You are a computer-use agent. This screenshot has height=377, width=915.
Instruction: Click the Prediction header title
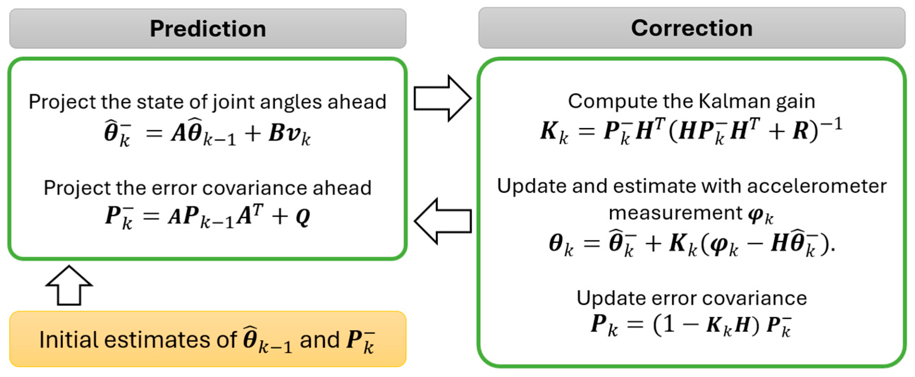(x=208, y=29)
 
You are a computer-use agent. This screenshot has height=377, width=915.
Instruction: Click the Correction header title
(x=692, y=28)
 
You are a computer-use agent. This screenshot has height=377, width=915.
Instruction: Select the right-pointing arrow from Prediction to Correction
(x=443, y=98)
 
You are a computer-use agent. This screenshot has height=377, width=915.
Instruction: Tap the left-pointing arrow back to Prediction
(x=443, y=221)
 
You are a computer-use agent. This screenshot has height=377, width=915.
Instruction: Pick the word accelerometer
(x=817, y=186)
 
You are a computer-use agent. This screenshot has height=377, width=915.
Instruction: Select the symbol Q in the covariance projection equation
(x=303, y=217)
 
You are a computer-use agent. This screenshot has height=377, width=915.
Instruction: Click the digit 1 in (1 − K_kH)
(x=668, y=325)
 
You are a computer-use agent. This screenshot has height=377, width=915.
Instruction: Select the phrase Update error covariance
(x=691, y=298)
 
